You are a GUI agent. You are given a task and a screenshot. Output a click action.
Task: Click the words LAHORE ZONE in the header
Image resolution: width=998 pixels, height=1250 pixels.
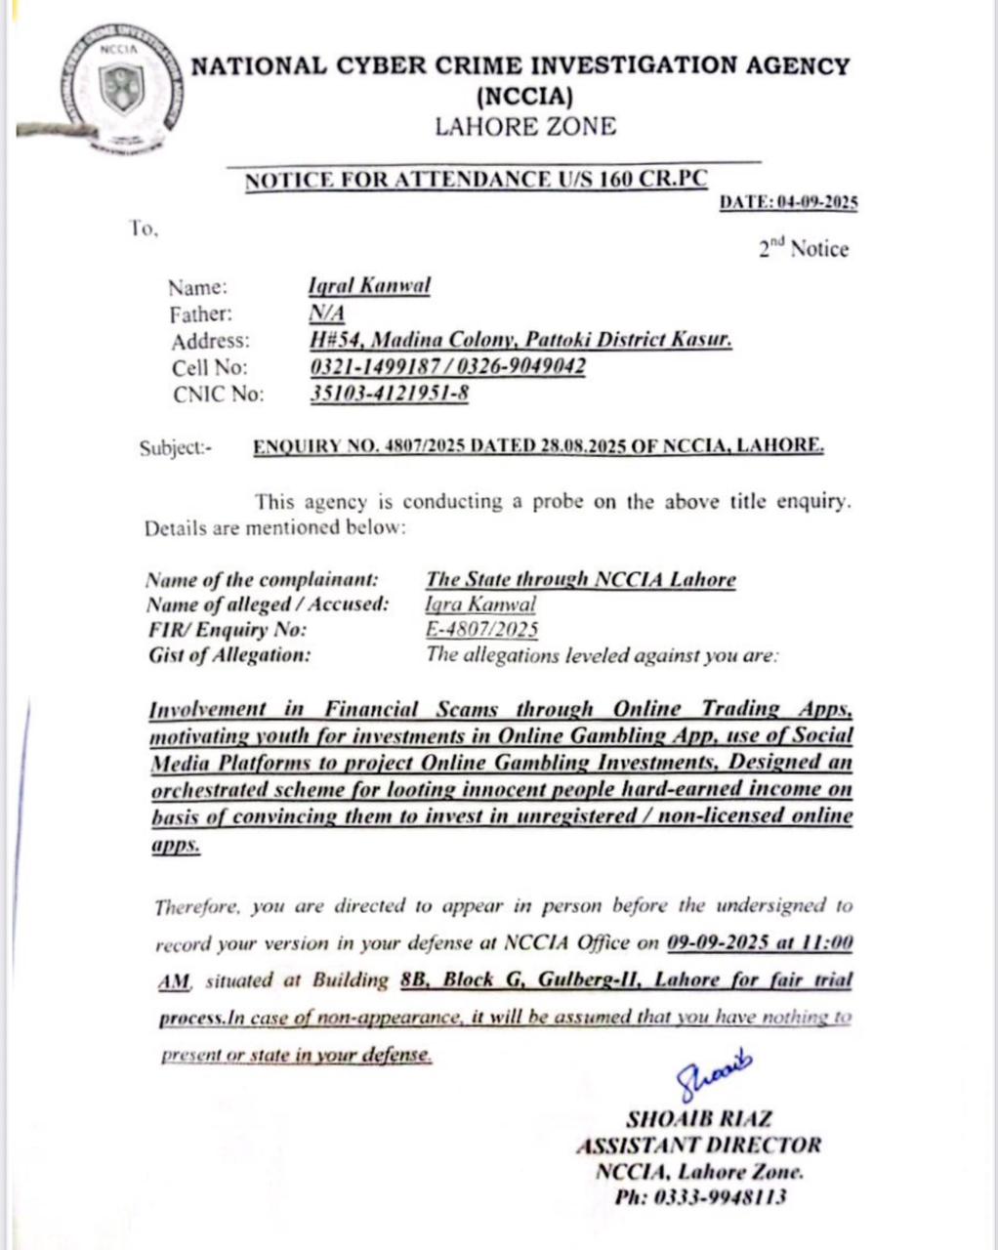click(x=525, y=127)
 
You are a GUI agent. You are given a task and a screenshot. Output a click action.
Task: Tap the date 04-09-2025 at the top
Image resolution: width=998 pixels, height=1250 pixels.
click(x=818, y=203)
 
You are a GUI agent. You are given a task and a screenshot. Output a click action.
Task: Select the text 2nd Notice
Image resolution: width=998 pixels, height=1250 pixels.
click(x=804, y=249)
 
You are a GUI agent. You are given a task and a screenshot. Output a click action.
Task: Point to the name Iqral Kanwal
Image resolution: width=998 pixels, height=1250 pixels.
click(x=369, y=286)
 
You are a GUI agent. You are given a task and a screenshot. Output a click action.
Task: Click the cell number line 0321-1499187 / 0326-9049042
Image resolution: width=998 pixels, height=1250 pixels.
click(x=447, y=367)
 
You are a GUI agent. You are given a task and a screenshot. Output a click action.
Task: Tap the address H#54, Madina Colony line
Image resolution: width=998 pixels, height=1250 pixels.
click(x=519, y=340)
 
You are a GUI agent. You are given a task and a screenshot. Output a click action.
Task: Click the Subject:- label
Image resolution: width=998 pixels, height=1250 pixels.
click(x=175, y=448)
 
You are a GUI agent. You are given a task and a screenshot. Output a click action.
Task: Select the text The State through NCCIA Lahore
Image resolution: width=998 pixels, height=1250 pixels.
click(x=581, y=579)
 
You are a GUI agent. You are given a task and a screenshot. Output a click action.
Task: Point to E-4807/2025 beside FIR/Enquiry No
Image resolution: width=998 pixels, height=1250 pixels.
click(x=482, y=630)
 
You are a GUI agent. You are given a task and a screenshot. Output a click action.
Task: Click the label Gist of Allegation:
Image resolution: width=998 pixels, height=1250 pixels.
click(x=229, y=655)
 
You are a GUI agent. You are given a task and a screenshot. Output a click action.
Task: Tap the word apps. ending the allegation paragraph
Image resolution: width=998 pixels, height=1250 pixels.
click(x=176, y=846)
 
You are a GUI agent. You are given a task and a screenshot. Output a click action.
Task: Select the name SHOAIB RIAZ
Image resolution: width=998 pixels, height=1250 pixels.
click(x=697, y=1119)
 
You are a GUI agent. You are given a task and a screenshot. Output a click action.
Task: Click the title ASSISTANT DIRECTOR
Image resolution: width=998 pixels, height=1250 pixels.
click(x=697, y=1146)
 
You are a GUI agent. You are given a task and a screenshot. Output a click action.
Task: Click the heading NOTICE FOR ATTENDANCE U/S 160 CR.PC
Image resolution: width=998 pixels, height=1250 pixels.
click(x=476, y=181)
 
